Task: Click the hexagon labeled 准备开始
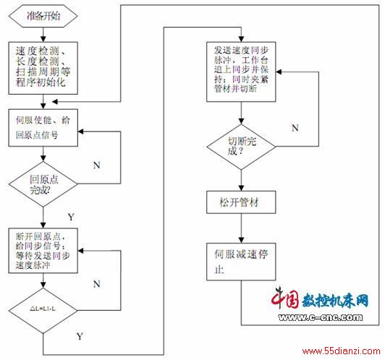43,16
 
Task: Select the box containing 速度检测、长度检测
43,68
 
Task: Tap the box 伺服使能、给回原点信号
43,128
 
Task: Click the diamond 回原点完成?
43,184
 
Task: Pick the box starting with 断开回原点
43,250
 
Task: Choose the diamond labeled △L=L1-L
43,310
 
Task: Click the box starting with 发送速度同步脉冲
241,72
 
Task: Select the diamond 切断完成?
242,147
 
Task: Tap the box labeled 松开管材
241,202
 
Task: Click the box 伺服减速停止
241,262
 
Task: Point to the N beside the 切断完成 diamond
295,128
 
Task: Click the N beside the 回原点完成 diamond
97,165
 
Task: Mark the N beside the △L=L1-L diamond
97,284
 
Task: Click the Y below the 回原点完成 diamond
71,217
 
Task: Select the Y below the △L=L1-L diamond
80,336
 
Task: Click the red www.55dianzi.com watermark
341,351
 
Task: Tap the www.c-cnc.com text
321,317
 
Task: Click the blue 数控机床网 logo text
335,300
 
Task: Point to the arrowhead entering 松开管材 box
242,188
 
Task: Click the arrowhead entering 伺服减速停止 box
242,240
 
